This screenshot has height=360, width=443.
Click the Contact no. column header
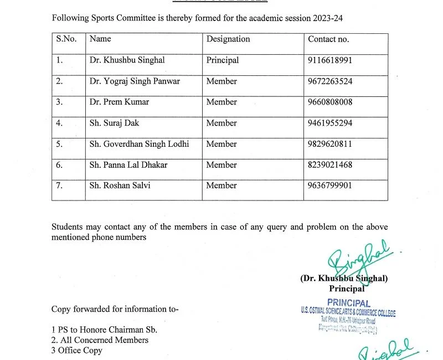(x=328, y=39)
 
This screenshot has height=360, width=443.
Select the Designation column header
(x=228, y=39)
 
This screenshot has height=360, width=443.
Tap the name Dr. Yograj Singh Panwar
(x=135, y=81)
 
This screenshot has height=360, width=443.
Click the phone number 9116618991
(x=329, y=60)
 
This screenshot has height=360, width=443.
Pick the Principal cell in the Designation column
(x=223, y=60)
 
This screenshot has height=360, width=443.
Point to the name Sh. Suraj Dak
(x=114, y=123)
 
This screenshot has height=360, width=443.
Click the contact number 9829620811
(x=329, y=144)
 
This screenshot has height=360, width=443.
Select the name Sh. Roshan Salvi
(x=120, y=186)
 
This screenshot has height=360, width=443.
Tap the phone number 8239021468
(x=329, y=165)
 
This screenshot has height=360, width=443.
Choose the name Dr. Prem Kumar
(x=119, y=102)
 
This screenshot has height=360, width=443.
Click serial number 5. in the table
(x=59, y=144)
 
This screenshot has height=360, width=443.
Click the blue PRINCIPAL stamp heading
(x=348, y=302)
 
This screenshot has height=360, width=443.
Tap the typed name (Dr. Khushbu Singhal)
(x=343, y=279)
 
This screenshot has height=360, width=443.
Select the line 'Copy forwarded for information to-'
(x=115, y=309)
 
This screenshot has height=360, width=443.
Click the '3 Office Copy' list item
(x=77, y=350)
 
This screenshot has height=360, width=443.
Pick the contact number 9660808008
(x=329, y=102)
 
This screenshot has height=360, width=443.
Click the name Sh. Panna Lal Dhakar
(x=128, y=165)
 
